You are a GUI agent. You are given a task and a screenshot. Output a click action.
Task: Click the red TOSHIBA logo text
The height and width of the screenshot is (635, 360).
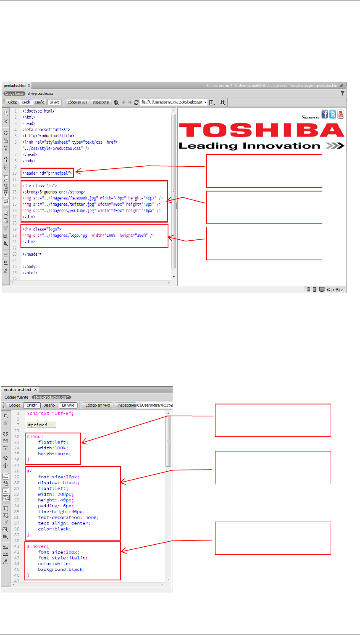click(x=261, y=130)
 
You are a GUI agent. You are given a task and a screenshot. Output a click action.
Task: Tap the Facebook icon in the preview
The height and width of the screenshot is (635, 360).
click(x=325, y=114)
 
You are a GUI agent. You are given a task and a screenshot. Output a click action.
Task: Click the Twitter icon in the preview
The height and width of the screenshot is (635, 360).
click(x=333, y=114)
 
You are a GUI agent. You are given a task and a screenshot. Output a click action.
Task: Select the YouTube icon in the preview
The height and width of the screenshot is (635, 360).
click(x=340, y=114)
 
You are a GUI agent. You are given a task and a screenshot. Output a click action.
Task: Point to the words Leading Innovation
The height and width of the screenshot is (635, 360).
click(x=250, y=146)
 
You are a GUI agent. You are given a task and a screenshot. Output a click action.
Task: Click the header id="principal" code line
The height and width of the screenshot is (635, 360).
click(x=47, y=173)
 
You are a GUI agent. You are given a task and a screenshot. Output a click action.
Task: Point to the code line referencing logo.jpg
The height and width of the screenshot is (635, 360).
click(x=88, y=236)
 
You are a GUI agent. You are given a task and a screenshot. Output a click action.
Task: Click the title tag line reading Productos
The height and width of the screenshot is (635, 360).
click(x=48, y=136)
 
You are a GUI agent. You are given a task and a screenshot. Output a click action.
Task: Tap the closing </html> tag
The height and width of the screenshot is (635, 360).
click(x=30, y=273)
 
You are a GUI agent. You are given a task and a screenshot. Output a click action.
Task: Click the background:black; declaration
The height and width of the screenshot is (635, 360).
click(x=61, y=569)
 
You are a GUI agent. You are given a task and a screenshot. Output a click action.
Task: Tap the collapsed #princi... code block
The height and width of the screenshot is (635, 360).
click(x=41, y=425)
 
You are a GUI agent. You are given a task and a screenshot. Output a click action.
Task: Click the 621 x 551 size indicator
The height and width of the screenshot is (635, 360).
click(x=335, y=290)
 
